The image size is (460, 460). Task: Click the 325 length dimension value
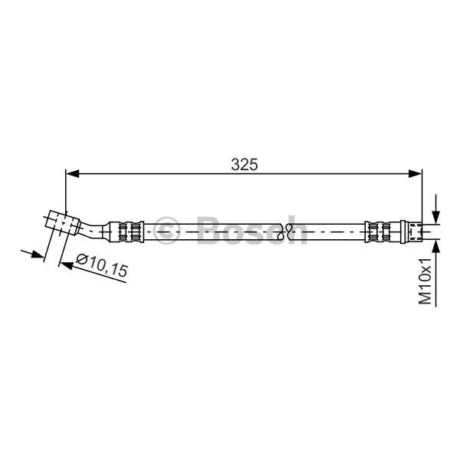[x=245, y=165]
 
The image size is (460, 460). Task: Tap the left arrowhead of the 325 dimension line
[x=73, y=173]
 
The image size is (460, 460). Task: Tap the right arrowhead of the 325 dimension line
[x=415, y=173]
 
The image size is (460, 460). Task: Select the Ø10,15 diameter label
[x=102, y=266]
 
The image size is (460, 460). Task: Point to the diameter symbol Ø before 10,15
[x=82, y=259]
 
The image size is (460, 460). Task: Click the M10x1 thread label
[x=426, y=281]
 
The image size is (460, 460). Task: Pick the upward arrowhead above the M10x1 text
[x=436, y=247]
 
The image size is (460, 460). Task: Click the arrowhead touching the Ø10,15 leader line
[x=66, y=265]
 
